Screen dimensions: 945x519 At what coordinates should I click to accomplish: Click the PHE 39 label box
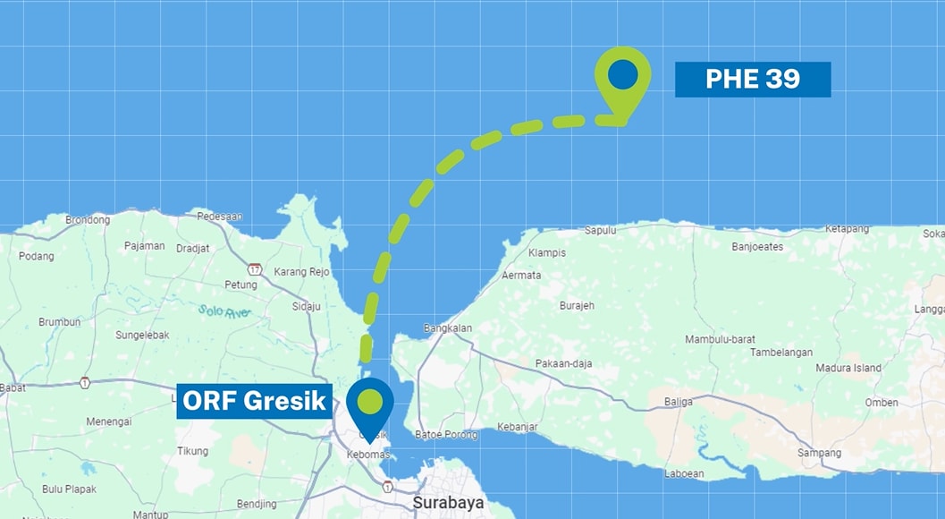753,80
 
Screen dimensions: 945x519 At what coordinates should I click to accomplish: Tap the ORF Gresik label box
255,401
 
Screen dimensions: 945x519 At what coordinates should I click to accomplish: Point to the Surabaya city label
448,503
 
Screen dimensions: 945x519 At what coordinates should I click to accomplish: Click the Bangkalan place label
447,328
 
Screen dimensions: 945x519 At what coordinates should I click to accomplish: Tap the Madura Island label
848,368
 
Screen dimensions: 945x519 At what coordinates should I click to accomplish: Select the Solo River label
224,311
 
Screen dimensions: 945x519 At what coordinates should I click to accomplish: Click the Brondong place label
88,220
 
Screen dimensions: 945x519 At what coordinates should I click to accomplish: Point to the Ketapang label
847,229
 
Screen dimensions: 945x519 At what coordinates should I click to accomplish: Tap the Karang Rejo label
301,272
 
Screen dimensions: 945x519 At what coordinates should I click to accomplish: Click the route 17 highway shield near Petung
256,268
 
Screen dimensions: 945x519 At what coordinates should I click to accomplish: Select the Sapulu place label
600,230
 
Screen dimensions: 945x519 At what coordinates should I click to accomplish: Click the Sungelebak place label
141,336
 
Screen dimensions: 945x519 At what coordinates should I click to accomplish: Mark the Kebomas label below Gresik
367,455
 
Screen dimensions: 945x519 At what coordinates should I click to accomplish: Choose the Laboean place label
684,473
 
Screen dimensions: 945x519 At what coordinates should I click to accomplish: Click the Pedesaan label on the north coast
219,217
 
